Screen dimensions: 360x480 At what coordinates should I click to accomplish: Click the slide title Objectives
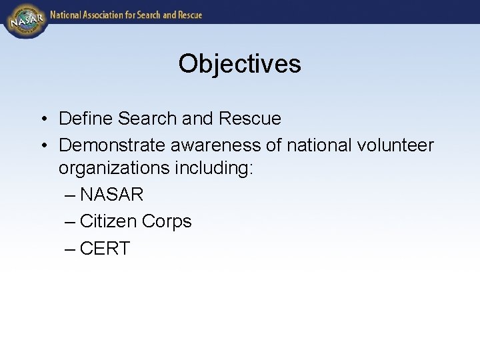pos(239,64)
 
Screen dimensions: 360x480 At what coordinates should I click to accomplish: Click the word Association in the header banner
pos(109,15)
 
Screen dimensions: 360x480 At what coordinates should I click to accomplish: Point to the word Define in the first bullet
pos(86,119)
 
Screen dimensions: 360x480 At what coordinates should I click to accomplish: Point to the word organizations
pos(114,168)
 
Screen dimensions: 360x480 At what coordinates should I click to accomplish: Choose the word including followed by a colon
pos(214,168)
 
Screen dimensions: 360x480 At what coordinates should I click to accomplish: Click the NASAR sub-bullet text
pos(111,195)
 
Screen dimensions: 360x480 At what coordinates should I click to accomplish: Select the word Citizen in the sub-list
pos(105,221)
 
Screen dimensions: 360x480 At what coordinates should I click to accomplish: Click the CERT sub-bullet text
pos(105,249)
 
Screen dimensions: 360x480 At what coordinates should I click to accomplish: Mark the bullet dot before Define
pos(42,119)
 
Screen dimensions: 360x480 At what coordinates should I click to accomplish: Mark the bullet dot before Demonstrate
pos(42,145)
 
